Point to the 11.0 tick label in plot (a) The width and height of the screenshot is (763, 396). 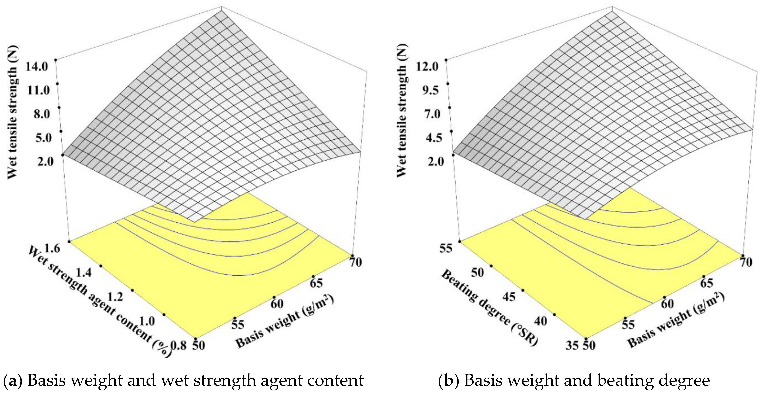38,90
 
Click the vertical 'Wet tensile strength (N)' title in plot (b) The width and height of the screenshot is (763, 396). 402,111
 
